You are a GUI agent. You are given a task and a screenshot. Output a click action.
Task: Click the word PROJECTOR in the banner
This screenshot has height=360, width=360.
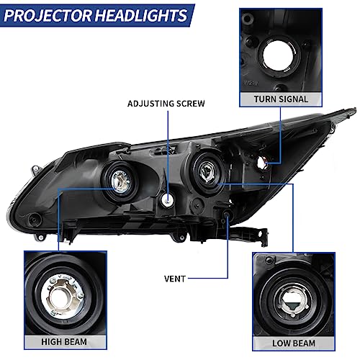48,16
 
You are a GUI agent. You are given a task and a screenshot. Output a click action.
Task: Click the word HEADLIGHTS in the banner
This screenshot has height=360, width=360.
141,16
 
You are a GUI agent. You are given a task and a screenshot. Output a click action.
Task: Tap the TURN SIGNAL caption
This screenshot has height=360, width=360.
281,99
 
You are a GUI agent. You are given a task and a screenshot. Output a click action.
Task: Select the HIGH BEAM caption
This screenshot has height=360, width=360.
64,342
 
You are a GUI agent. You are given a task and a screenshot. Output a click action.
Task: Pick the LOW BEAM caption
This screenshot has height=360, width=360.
294,343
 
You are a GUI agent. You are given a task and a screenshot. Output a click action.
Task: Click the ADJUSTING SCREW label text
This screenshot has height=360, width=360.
166,104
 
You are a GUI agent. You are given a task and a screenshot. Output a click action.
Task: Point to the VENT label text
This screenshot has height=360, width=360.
175,279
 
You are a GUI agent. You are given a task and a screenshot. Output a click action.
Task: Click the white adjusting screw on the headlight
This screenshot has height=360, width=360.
168,199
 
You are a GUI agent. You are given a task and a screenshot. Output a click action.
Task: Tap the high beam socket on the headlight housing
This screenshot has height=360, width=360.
121,181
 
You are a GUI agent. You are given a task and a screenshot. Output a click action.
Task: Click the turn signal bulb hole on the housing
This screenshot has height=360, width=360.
261,163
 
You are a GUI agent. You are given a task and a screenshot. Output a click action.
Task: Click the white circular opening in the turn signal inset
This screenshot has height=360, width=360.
279,55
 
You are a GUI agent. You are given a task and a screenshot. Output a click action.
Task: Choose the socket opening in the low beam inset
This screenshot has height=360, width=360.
292,303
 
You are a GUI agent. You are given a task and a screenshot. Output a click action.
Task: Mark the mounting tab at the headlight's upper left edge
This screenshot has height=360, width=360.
36,170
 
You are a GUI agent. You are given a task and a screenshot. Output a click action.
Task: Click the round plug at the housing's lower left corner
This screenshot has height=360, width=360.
35,219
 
